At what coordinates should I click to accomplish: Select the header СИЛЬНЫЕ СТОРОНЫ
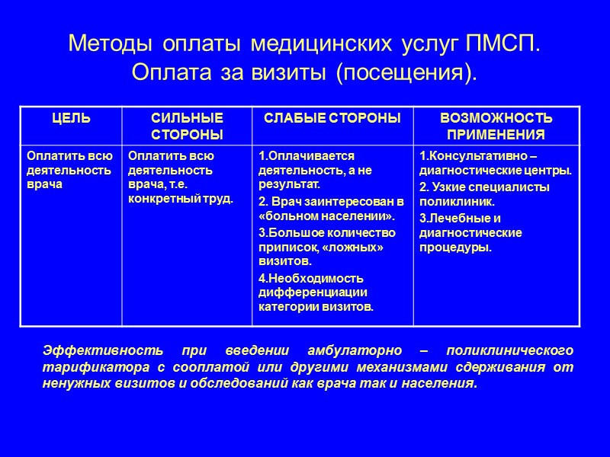click(188, 126)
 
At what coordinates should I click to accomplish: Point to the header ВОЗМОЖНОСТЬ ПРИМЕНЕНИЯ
click(496, 126)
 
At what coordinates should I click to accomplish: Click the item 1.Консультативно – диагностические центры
click(495, 163)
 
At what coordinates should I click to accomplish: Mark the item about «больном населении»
click(330, 208)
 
